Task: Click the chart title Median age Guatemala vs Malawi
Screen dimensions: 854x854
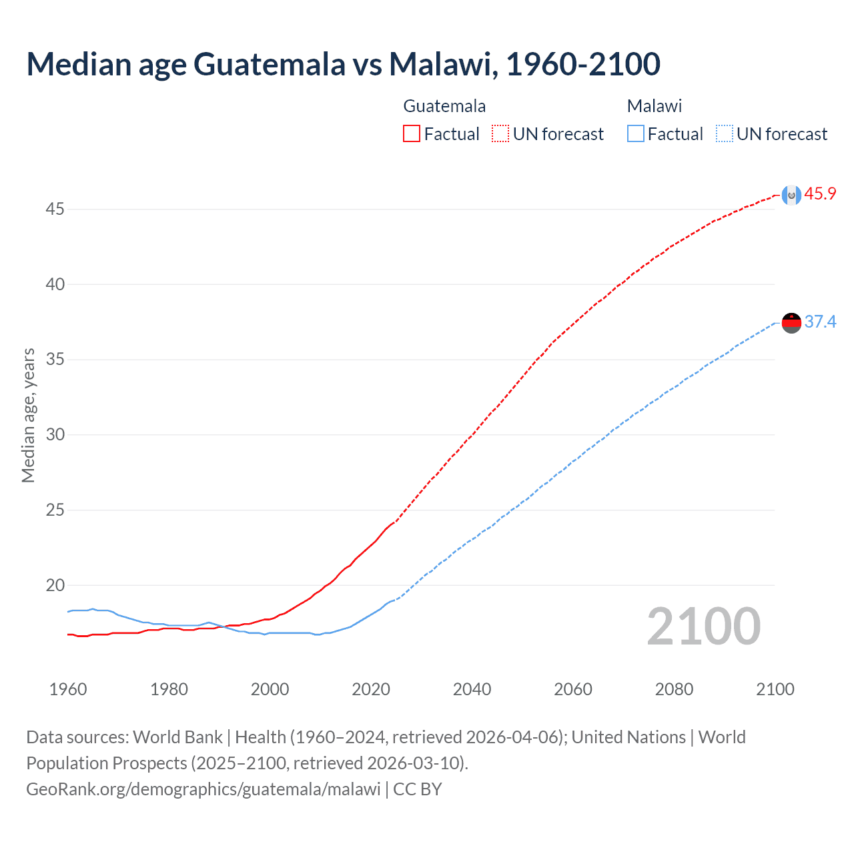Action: pos(343,64)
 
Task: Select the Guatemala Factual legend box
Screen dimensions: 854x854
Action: pos(412,134)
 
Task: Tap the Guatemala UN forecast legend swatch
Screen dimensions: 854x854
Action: pos(500,134)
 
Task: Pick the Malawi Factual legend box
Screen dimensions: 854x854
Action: pos(636,134)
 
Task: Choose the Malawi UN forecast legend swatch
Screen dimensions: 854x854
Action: pos(724,134)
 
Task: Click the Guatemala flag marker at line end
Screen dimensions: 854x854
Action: pos(791,195)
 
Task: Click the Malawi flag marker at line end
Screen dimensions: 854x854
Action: pos(791,323)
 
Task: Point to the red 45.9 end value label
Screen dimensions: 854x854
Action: pos(820,194)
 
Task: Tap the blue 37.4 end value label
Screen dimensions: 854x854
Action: pos(820,322)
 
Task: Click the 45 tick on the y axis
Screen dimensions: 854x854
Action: pos(55,209)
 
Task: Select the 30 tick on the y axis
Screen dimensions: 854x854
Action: pos(55,435)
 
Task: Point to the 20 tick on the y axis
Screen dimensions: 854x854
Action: pos(55,586)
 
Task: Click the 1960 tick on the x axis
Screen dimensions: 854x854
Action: pos(68,689)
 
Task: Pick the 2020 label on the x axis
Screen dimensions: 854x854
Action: pos(371,689)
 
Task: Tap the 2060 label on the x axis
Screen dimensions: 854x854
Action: pos(573,689)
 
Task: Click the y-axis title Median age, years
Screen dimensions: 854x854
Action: pos(28,415)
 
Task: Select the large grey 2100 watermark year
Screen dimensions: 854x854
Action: pos(703,626)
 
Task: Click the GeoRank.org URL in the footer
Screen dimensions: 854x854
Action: pos(203,789)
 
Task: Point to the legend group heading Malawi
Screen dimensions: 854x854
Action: pos(655,106)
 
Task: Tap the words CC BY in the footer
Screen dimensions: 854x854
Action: pos(418,789)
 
